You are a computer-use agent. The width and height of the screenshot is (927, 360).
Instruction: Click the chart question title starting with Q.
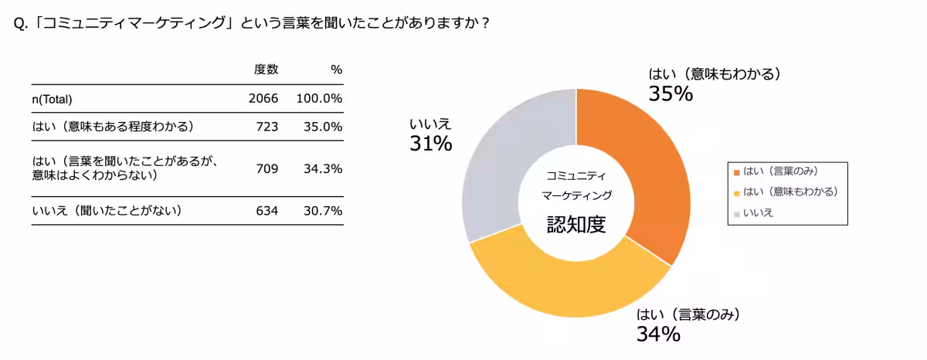[252, 22]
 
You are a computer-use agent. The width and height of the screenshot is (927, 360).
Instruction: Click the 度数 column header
[266, 70]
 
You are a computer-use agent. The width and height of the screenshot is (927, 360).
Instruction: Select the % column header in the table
[336, 70]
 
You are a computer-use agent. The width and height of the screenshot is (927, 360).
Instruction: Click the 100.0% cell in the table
[319, 99]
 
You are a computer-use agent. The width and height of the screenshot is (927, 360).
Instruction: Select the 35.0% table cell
[323, 127]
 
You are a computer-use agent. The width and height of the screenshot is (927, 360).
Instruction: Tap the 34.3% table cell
[323, 168]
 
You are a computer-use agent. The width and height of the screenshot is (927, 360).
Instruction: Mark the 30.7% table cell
[323, 211]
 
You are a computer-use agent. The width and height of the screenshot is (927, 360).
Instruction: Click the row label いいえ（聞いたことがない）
[107, 211]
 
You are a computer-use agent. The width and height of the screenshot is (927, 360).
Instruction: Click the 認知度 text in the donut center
[576, 224]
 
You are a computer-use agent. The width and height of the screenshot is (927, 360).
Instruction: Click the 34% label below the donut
[658, 334]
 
